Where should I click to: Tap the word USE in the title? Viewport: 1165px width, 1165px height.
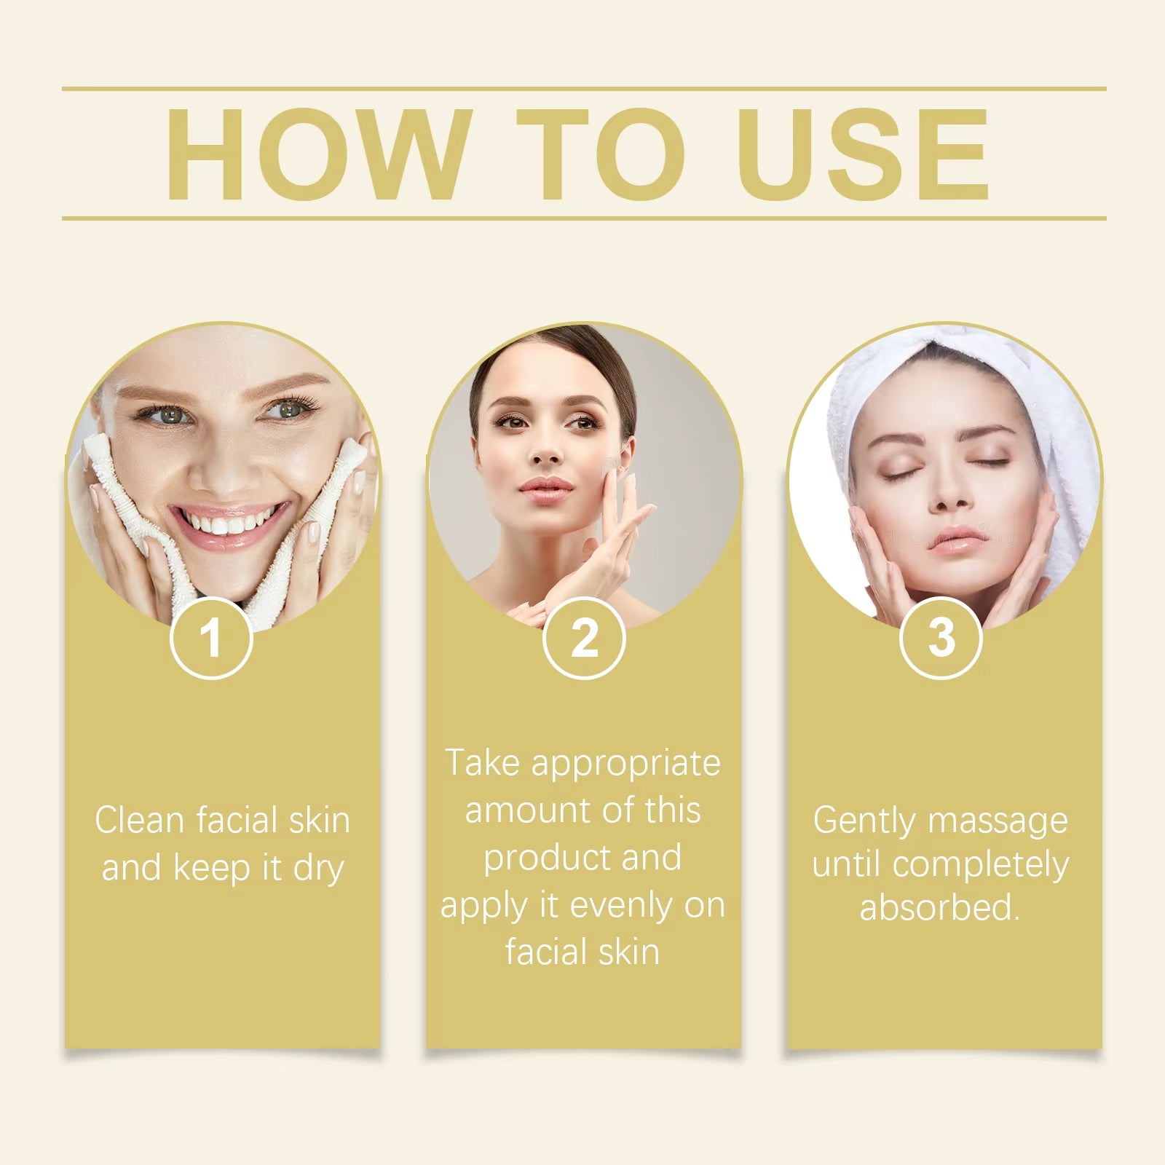click(x=863, y=154)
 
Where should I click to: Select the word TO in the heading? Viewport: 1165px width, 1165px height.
click(x=601, y=154)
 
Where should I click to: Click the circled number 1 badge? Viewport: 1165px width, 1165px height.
click(x=211, y=638)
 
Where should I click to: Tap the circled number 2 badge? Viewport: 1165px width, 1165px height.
click(x=584, y=638)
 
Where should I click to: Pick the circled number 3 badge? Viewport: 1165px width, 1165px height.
click(x=941, y=638)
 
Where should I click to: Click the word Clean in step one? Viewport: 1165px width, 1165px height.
click(x=139, y=820)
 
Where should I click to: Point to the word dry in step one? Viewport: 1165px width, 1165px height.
click(x=318, y=869)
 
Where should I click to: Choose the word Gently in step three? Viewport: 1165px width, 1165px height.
click(x=864, y=821)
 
